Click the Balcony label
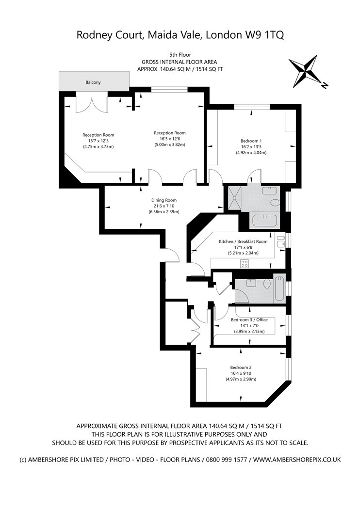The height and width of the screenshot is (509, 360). [93, 82]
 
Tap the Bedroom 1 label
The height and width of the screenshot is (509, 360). [251, 141]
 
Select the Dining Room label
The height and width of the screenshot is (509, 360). [164, 200]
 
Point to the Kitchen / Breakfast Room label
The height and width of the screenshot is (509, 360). [243, 241]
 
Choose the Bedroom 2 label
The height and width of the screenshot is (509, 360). [241, 367]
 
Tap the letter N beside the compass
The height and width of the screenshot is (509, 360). [324, 86]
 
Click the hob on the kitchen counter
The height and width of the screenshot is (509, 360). [245, 263]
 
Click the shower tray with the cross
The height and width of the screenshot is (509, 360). [234, 197]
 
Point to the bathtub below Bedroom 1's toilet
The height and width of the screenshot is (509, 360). [264, 221]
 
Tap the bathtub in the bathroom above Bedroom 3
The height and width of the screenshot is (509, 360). [279, 288]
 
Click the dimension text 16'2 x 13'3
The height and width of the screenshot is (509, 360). [251, 147]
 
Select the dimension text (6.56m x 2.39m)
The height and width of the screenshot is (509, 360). [164, 212]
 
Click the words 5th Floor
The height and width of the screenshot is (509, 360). [180, 55]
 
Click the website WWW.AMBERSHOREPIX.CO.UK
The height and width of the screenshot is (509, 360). [297, 460]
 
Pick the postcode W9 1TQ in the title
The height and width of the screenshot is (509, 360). [264, 35]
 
